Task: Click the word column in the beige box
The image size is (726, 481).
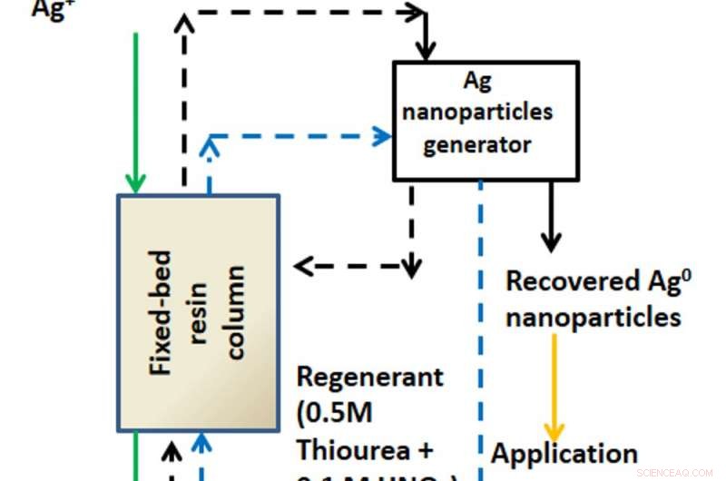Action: (x=236, y=312)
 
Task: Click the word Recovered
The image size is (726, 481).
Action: (x=560, y=281)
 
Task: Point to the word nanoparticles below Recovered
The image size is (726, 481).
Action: (x=594, y=317)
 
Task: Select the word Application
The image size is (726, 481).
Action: (x=564, y=453)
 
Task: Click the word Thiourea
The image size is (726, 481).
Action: (x=355, y=451)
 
